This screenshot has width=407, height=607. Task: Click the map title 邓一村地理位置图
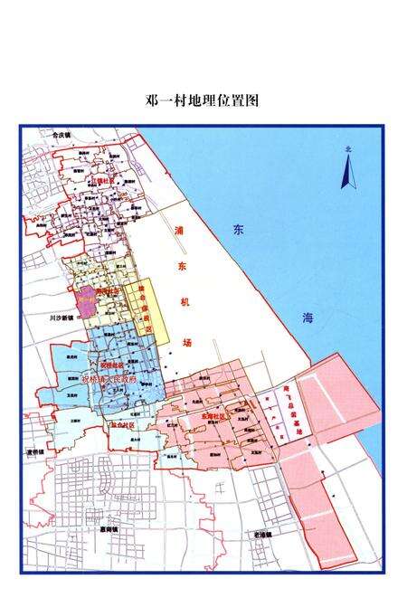pos(203,100)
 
